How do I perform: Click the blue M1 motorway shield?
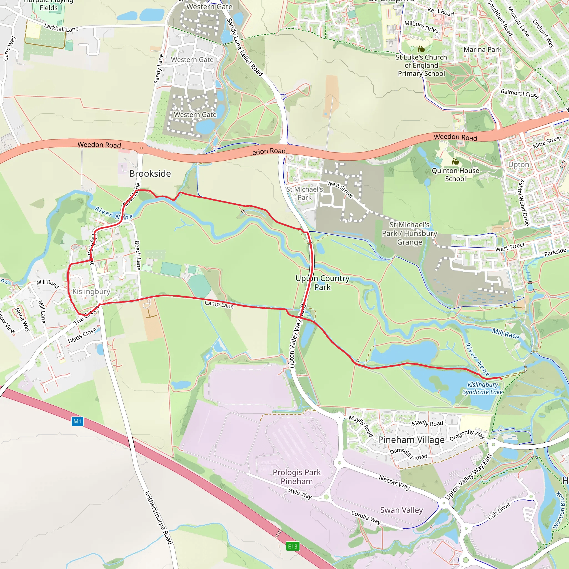tap(78, 421)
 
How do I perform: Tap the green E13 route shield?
tap(293, 546)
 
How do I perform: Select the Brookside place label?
tap(150, 173)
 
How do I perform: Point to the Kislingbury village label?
tap(91, 291)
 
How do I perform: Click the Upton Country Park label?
tap(323, 283)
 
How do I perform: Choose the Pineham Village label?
tap(411, 440)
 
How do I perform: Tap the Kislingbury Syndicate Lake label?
tap(482, 388)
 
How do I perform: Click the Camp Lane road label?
tap(219, 304)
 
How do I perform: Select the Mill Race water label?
tap(505, 333)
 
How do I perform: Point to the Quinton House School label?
tap(455, 174)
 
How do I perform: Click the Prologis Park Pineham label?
tap(296, 476)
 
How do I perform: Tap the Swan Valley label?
tap(401, 510)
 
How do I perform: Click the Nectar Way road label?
tap(394, 482)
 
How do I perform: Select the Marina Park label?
tap(482, 49)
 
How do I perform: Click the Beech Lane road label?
tap(138, 255)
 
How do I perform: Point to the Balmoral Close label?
tap(520, 94)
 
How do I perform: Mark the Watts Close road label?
tap(82, 335)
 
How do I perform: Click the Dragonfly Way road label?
tap(467, 435)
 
